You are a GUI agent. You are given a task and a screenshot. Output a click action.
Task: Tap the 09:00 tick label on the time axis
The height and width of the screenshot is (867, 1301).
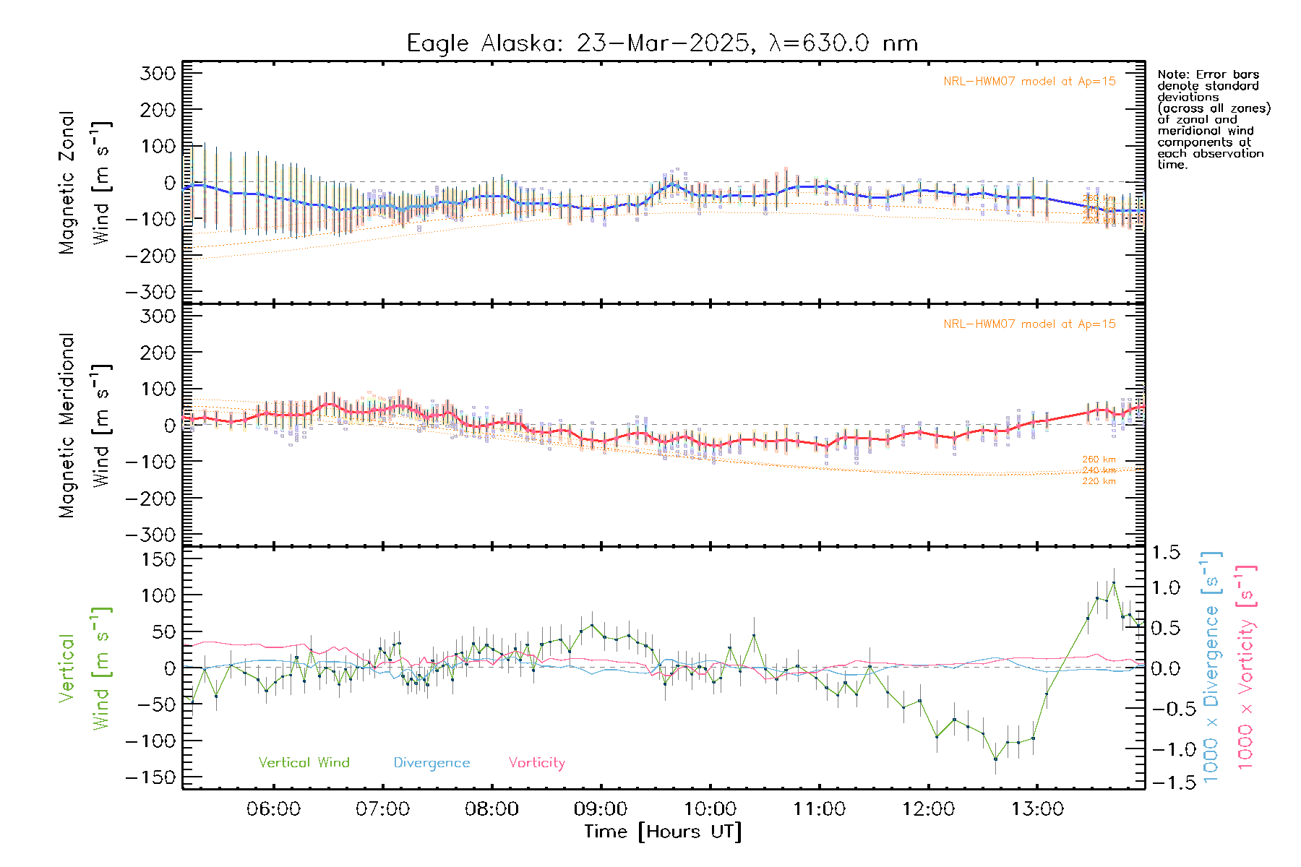tap(601, 808)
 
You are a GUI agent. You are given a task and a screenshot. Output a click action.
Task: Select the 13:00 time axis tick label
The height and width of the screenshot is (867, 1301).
tap(1037, 808)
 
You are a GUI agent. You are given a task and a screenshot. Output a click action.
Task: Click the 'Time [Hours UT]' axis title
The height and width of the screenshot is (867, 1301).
tap(663, 832)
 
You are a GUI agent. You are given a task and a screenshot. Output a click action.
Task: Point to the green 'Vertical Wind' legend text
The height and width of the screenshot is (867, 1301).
tap(304, 762)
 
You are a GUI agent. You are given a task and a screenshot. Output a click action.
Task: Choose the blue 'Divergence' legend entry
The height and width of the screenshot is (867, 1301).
tap(431, 762)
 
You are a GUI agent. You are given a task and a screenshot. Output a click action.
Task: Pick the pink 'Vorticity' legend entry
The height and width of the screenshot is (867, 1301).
tap(536, 762)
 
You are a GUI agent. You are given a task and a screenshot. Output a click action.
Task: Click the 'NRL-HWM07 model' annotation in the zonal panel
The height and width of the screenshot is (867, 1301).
tap(1029, 82)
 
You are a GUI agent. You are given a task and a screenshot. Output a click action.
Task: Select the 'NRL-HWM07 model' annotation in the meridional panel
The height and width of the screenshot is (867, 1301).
tap(1029, 324)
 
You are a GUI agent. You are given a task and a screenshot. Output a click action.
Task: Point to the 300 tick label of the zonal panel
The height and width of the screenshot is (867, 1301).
tap(158, 73)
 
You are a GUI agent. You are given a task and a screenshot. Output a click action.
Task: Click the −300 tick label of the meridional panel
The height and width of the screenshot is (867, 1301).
tap(151, 535)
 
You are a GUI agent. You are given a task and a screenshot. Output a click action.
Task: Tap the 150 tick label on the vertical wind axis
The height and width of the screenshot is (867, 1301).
tap(158, 559)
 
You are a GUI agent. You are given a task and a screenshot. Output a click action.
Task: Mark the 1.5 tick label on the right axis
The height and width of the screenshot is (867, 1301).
tap(1165, 553)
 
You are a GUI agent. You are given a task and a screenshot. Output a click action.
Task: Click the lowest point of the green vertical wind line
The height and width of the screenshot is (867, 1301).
tap(995, 759)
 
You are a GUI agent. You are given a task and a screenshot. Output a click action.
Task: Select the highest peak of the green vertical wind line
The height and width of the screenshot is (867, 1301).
tap(1114, 582)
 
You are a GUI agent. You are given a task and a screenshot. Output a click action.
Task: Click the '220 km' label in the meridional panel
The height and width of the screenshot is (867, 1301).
tap(1099, 481)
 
